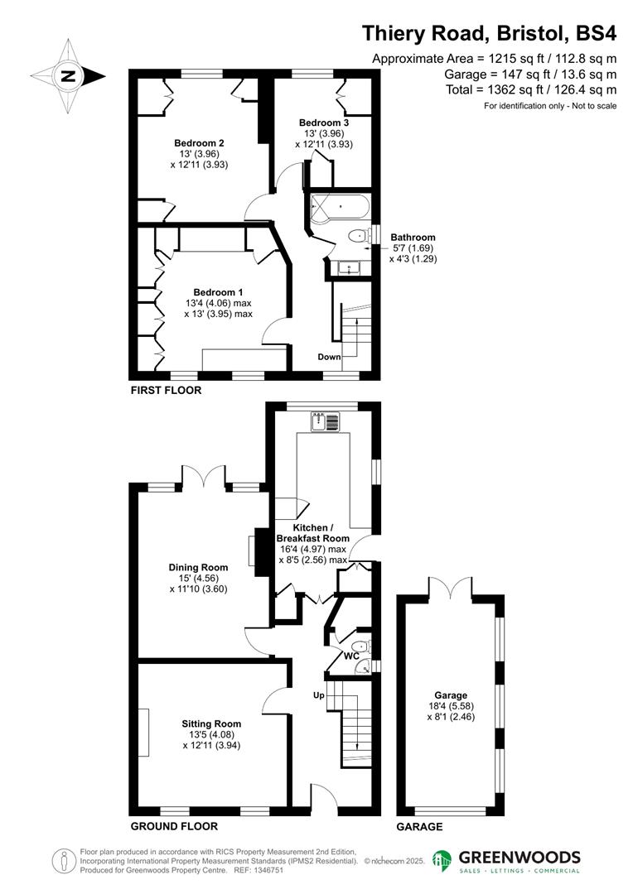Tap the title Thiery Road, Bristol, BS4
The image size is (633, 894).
pos(490,34)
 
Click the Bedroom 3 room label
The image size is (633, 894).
pos(324,123)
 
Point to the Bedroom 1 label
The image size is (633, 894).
pos(218,292)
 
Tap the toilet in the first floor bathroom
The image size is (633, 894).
pos(357,237)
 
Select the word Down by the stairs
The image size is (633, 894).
pos(329,357)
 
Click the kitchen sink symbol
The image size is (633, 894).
pos(324,422)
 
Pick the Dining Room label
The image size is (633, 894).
pos(198,568)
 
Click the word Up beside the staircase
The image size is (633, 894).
pos(318,695)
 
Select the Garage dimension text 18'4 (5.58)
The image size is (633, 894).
pos(451,707)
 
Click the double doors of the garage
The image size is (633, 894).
pos(451,588)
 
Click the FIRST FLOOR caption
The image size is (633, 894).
pos(166,390)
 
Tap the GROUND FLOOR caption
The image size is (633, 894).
pos(174,826)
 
